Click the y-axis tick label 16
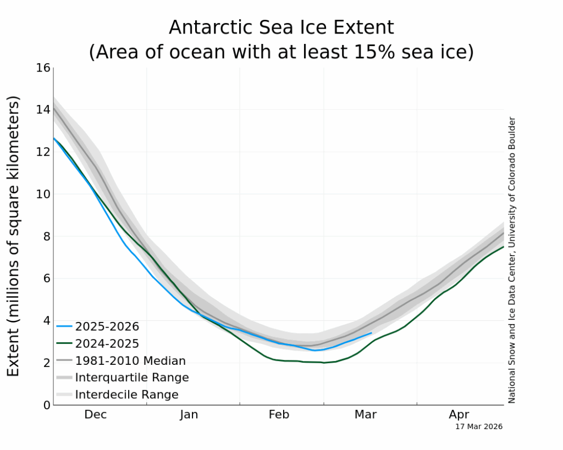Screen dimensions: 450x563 [x=43, y=68]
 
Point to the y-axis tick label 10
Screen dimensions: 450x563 [x=43, y=194]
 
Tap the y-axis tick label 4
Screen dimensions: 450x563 [x=47, y=320]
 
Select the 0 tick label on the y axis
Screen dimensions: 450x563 [x=47, y=405]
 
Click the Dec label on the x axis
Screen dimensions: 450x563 [x=95, y=415]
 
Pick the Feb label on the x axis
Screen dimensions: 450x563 [x=279, y=415]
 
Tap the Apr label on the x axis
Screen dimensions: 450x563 [x=459, y=415]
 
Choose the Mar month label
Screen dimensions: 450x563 [x=366, y=415]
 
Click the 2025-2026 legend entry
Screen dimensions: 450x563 [x=107, y=326]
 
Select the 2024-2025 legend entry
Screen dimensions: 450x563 [x=107, y=343]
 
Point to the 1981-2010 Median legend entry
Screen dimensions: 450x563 [x=130, y=361]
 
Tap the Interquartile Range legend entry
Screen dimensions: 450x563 [x=132, y=377]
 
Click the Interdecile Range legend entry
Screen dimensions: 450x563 [x=126, y=395]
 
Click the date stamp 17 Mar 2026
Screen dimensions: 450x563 [x=478, y=426]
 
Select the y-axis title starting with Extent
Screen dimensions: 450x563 [x=13, y=236]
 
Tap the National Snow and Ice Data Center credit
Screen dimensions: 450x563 [x=512, y=260]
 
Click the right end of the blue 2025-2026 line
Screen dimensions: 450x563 [x=372, y=332]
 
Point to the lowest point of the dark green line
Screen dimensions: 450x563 [x=324, y=363]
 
